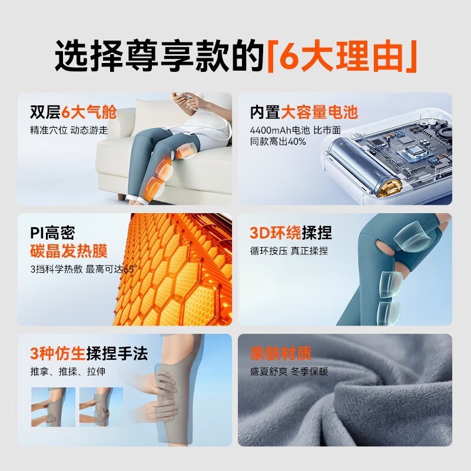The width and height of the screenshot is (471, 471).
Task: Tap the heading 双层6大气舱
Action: coord(73,112)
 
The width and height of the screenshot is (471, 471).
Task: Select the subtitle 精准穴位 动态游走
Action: coord(69,130)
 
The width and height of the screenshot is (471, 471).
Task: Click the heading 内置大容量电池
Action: coord(304,112)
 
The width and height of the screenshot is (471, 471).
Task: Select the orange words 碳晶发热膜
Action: coord(69,251)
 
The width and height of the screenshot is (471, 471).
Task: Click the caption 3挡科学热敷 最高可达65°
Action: coord(83,269)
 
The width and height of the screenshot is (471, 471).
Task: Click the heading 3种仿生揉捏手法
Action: coord(89,354)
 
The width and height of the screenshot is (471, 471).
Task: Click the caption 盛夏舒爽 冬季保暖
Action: coord(288,372)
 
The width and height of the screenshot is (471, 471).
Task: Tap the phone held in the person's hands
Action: coord(184,97)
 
